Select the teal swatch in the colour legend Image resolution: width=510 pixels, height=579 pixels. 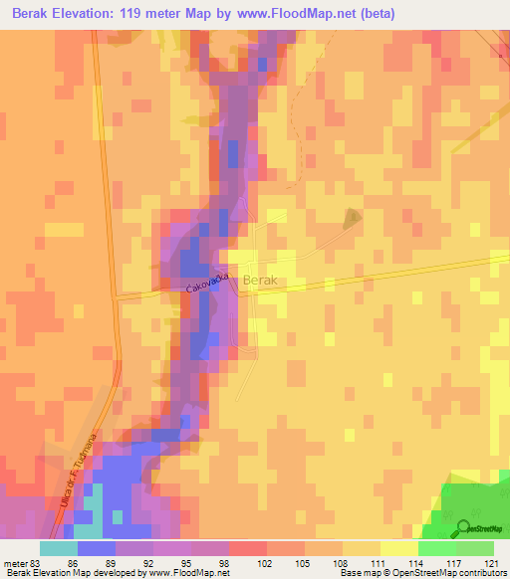(x=59, y=548)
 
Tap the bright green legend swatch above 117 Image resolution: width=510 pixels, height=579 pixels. (x=437, y=548)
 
